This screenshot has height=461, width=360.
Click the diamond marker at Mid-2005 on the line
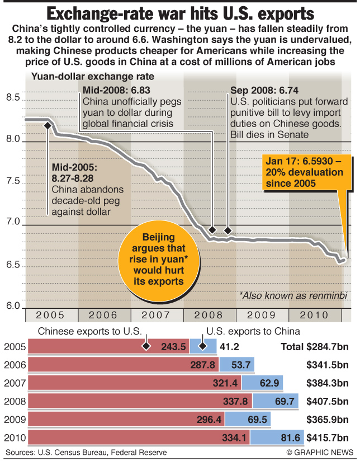click(47, 125)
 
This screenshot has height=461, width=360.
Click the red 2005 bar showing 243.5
click(109, 346)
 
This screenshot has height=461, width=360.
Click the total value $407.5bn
click(327, 401)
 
